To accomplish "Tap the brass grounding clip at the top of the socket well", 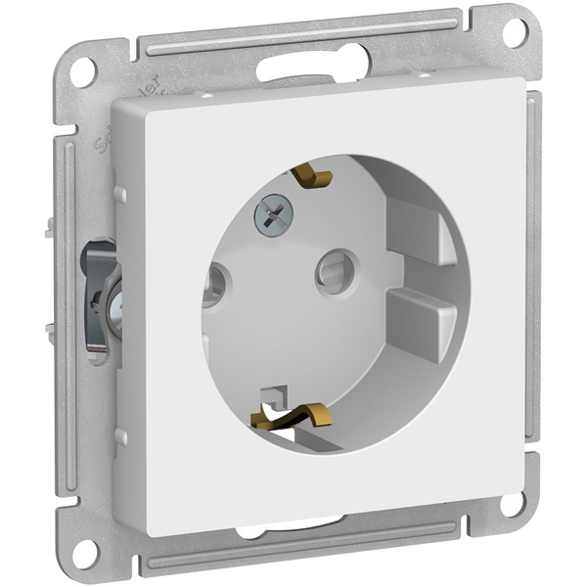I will (311, 177).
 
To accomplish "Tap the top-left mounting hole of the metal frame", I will (82, 70).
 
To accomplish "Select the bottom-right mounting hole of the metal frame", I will (512, 505).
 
